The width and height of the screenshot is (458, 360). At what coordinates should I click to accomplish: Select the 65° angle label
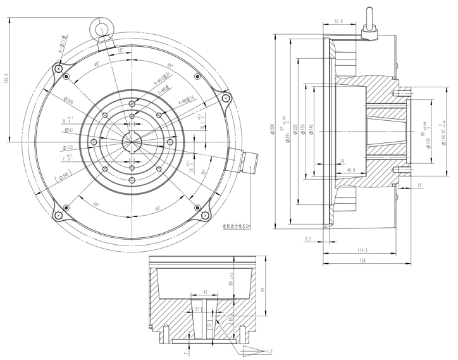(170, 66)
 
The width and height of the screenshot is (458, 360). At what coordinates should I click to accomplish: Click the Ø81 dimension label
(70, 130)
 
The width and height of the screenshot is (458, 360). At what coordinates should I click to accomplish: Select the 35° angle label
(204, 171)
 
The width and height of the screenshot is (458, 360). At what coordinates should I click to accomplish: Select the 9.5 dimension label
(309, 239)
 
